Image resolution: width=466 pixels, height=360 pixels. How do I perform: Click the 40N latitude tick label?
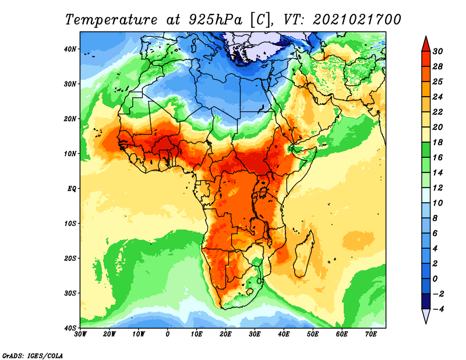coord(69,49)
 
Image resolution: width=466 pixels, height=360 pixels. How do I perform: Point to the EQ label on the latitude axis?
coord(72,189)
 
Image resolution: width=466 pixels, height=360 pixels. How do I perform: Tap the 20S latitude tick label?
coord(70,258)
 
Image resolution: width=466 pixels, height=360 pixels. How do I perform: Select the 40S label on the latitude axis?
coord(70,328)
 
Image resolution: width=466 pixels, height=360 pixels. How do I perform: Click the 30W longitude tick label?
coord(80,334)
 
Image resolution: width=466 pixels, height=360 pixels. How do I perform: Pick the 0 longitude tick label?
coord(168,334)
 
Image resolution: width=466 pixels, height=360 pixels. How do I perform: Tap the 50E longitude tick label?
coord(313,334)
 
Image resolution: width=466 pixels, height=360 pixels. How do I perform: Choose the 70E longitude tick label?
coord(371,334)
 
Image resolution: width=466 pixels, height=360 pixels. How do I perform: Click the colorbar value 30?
coord(437,51)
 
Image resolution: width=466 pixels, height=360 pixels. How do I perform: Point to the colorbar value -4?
coord(437,309)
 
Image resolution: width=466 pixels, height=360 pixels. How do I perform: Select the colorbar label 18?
coord(437,142)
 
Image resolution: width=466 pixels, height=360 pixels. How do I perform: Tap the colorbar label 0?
coord(435,279)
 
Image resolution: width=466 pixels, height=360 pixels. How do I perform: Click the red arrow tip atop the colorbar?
coord(426,37)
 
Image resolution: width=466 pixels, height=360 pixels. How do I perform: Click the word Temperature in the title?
coord(111,20)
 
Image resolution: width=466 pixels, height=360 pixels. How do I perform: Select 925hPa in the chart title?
coord(216,20)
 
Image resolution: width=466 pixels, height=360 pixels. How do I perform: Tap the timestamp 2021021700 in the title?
coord(357,20)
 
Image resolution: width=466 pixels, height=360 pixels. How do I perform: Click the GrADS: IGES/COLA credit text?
coord(33,356)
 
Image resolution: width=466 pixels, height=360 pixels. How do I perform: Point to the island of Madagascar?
coord(303,254)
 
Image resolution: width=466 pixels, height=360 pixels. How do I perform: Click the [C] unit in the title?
coord(261,20)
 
